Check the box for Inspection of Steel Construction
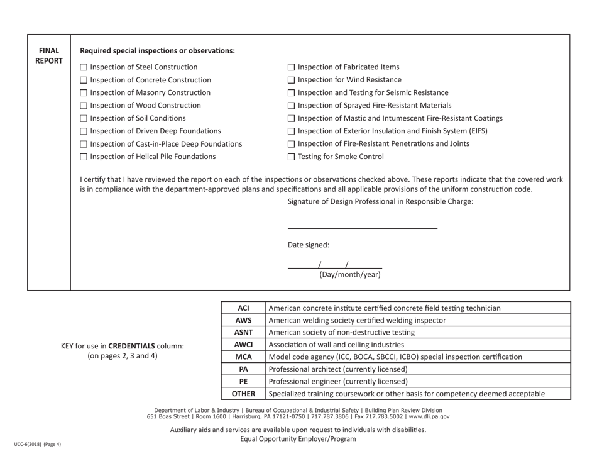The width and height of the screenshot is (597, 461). point(85,67)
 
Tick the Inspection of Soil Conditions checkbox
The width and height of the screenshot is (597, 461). point(85,118)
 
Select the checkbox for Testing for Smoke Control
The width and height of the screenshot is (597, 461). point(291,157)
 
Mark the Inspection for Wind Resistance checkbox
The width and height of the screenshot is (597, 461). point(291,80)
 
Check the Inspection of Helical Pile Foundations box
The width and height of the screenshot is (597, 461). point(85,157)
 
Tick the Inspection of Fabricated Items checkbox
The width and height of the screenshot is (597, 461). point(291,67)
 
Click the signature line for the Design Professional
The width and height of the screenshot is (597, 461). point(362,226)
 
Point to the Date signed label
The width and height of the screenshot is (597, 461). point(308,245)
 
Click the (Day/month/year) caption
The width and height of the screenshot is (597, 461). point(349,274)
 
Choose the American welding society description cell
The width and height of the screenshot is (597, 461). point(357,320)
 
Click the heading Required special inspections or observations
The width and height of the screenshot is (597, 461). point(158,50)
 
